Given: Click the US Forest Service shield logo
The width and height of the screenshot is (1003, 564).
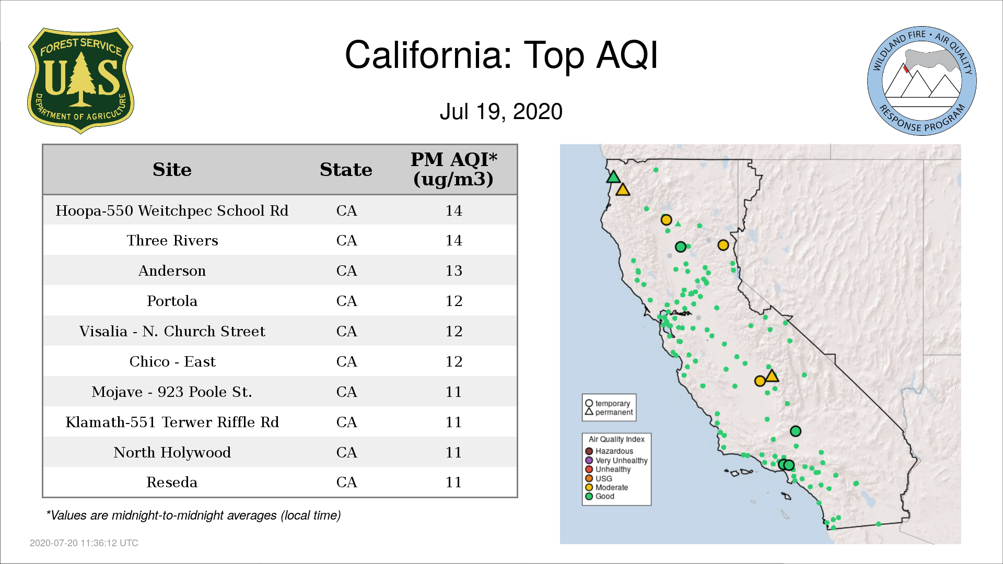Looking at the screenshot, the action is coord(80,80).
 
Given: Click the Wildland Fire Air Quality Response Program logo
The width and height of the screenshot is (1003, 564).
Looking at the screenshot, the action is coord(922,81).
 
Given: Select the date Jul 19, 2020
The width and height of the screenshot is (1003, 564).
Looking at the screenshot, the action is coord(501,111).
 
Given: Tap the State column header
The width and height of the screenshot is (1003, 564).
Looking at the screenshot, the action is coord(346,170).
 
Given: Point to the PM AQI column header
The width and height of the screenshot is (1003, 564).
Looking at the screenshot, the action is coord(453,169).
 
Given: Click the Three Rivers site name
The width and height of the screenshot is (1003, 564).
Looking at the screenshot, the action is coord(172,241).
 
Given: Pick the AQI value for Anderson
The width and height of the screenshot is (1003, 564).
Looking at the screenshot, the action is coord(453,271).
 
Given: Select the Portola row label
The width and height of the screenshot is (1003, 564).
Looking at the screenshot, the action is coord(172,301).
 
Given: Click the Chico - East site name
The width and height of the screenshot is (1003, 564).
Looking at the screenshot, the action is coord(172,362).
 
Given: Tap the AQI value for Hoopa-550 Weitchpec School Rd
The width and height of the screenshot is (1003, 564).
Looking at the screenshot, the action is coord(453,210).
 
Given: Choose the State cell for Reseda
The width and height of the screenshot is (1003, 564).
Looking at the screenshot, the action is coord(346,482).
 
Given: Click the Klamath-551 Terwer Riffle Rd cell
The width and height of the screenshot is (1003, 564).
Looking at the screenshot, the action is coord(172,422).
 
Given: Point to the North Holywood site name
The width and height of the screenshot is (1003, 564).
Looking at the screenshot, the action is coord(172,452).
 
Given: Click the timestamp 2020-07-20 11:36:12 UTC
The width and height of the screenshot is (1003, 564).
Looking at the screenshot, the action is coord(84,543).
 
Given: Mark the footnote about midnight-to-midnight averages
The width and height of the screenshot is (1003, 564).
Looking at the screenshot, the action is coord(193,515).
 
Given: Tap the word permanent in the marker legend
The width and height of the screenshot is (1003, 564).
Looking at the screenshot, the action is coord(614,413).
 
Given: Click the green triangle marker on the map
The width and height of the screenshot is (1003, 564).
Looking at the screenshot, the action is coord(613,177).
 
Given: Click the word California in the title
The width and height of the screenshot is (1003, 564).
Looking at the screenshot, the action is coord(429,55).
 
